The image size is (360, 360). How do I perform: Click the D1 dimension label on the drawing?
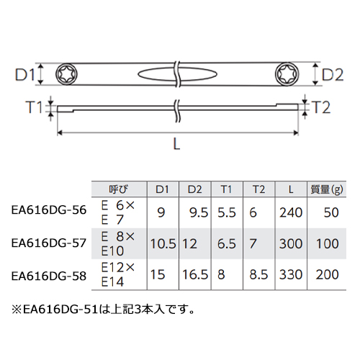[25, 75]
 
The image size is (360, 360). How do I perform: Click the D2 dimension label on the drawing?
[333, 75]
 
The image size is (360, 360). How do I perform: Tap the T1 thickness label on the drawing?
[34, 107]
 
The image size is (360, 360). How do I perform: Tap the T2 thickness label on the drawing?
[321, 107]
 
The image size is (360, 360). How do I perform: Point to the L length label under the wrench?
[176, 144]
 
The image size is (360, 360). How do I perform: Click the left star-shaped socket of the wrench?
[66, 74]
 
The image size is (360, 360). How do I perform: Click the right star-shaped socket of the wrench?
[286, 73]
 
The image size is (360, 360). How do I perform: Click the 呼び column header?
[119, 189]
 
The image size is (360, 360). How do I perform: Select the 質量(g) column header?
[327, 189]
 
